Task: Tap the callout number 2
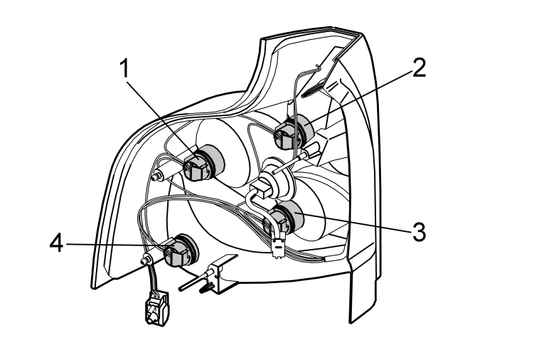(418, 68)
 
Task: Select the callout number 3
(419, 232)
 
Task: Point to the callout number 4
(57, 244)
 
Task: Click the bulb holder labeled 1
(203, 163)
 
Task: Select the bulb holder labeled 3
(284, 218)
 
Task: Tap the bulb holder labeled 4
(181, 250)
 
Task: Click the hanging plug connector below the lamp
(156, 308)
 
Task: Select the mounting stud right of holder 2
(311, 151)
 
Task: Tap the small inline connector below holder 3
(277, 245)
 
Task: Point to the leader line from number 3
(353, 223)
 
